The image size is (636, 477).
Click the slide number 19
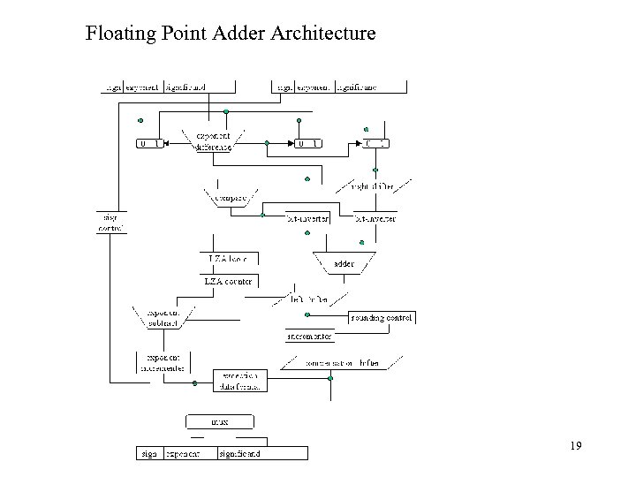tap(574, 446)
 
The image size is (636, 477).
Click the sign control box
tap(110, 222)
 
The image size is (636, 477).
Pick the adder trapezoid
tap(343, 263)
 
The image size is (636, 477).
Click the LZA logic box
tap(232, 258)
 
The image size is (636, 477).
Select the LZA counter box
tap(228, 281)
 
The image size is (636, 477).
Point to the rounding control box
tap(381, 317)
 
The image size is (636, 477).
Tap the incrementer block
tap(310, 337)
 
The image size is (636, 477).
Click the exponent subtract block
tap(162, 318)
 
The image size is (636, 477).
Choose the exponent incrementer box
tap(161, 363)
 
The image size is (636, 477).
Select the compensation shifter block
tap(343, 362)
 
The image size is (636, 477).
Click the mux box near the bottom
tap(217, 421)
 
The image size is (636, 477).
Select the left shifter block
tap(309, 299)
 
